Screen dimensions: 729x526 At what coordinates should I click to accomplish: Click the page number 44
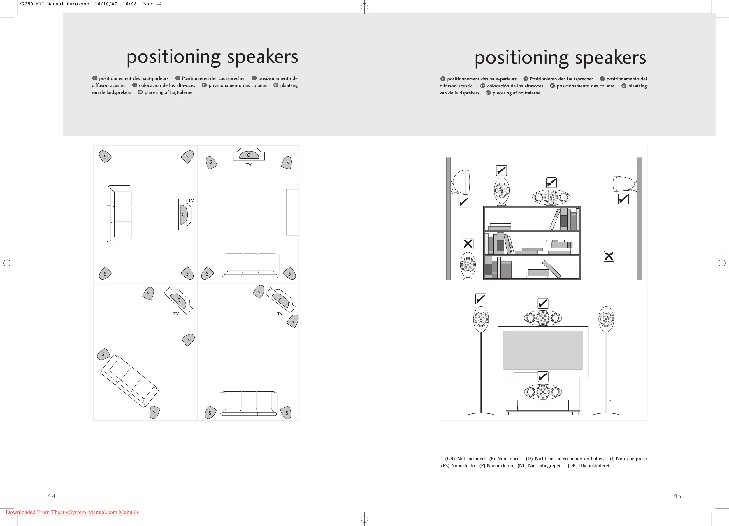click(x=51, y=496)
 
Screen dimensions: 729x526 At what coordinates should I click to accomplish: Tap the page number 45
click(x=677, y=496)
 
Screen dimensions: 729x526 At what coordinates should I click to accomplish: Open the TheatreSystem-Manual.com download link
click(x=72, y=512)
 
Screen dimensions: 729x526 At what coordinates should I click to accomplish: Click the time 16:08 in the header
click(x=129, y=4)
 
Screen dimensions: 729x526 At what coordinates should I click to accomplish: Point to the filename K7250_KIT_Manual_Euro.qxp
click(x=54, y=4)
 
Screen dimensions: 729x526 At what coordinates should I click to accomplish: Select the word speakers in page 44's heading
click(x=262, y=57)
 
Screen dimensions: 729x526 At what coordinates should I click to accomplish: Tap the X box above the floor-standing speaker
click(x=468, y=244)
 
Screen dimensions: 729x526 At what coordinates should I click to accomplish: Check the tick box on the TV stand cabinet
click(x=543, y=376)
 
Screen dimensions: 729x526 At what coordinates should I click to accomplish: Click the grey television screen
click(x=543, y=350)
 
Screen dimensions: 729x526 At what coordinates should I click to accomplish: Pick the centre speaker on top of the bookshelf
click(x=551, y=197)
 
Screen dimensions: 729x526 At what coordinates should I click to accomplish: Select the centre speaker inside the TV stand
click(x=543, y=392)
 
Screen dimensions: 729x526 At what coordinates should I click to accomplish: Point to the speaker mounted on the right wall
click(x=624, y=184)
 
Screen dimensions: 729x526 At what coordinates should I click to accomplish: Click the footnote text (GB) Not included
click(x=465, y=458)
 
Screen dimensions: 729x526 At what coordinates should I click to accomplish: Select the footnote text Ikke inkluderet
click(x=594, y=466)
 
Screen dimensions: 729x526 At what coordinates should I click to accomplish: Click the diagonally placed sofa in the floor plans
click(x=129, y=381)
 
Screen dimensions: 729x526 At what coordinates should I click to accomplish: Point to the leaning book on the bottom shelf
click(x=551, y=269)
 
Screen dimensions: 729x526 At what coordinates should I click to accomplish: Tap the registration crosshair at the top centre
click(x=364, y=7)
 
